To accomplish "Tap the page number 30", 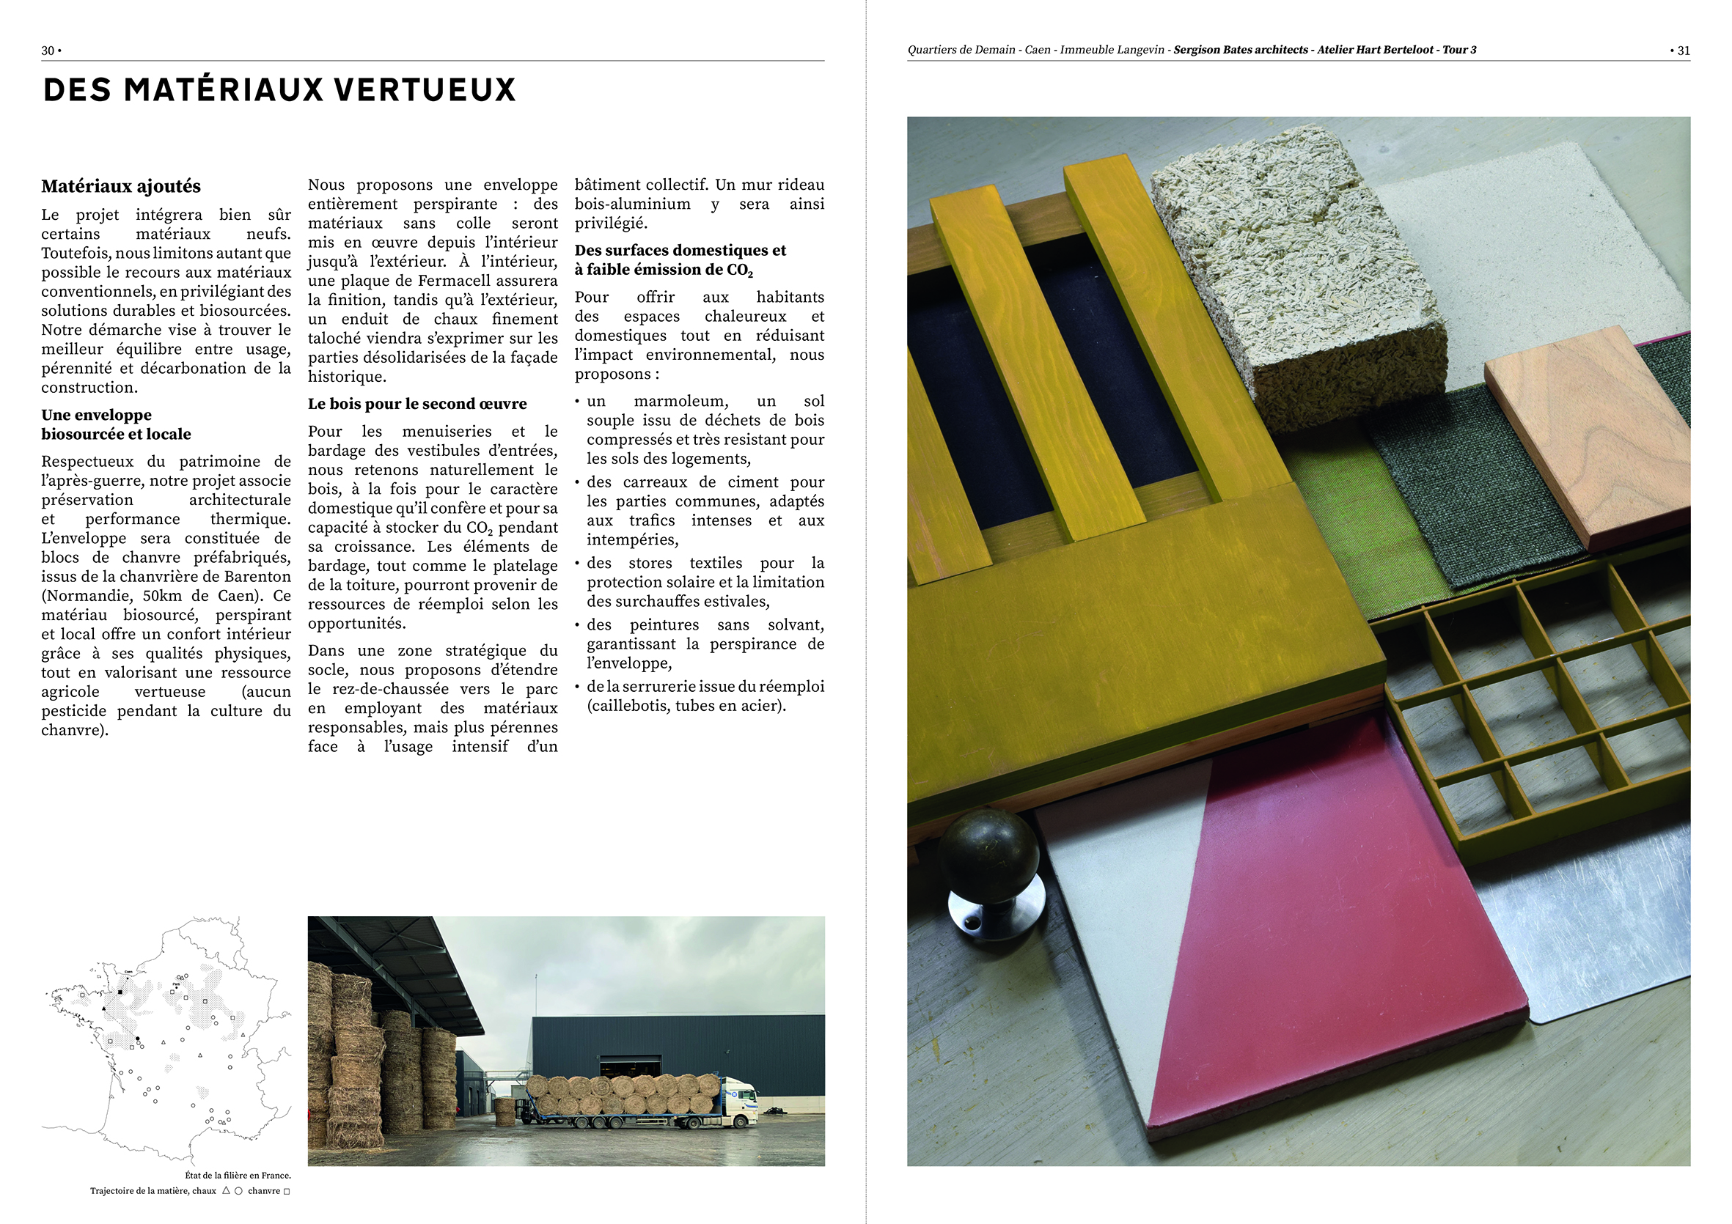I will [x=48, y=51].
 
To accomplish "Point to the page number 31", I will [x=1683, y=51].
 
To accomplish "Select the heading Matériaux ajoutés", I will [x=121, y=186].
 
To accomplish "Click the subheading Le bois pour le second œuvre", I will [x=417, y=405].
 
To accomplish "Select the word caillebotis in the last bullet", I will [x=626, y=707].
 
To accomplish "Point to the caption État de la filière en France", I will [x=238, y=1175].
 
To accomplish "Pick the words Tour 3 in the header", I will [x=1459, y=50].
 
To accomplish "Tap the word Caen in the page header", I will [x=1038, y=50].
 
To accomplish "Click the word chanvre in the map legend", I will [x=263, y=1192].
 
